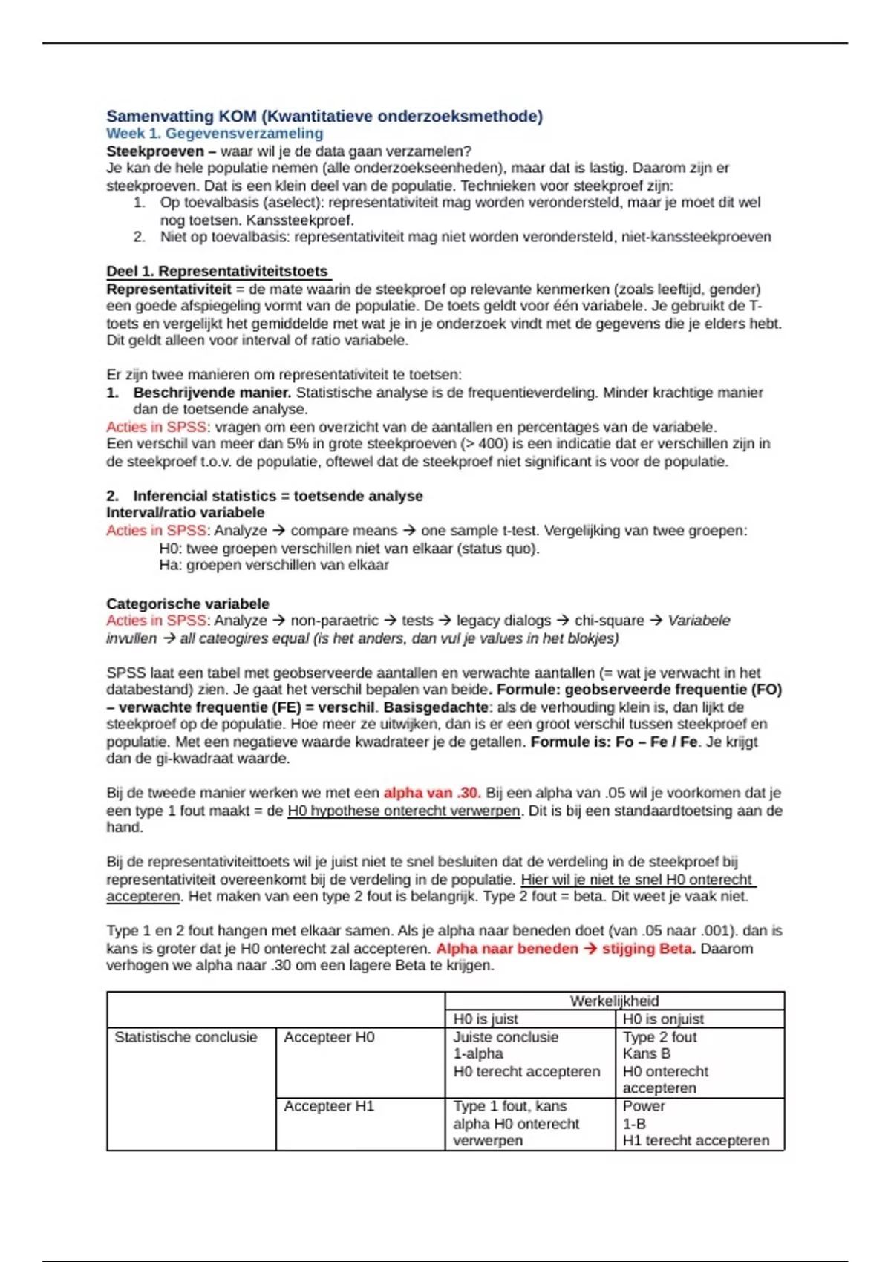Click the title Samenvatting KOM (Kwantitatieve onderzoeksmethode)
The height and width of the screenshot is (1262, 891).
click(x=324, y=117)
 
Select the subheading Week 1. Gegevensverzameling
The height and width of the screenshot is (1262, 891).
click(x=215, y=134)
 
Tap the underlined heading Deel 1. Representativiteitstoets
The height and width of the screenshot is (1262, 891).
click(x=217, y=272)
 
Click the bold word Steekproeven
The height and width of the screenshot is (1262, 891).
click(x=154, y=151)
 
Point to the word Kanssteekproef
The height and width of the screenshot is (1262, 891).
click(x=300, y=220)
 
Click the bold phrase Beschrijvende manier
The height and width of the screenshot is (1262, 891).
click(x=212, y=393)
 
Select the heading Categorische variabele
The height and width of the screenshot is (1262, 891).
click(x=188, y=604)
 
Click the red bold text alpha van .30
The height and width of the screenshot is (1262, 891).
click(x=432, y=793)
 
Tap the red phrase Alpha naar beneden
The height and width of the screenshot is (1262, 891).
click(x=506, y=949)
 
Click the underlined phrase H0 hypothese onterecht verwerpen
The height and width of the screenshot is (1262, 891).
click(x=404, y=811)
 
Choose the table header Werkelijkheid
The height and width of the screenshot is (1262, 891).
click(x=614, y=1001)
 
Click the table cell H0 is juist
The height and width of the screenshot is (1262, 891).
click(x=486, y=1019)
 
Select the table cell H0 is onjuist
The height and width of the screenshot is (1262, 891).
click(x=663, y=1019)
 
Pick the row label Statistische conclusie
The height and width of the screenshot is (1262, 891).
click(x=186, y=1037)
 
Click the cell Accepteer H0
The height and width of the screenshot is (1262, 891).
click(x=329, y=1037)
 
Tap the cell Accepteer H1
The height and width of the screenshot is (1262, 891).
click(x=329, y=1106)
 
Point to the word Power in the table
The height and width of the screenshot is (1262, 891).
click(x=644, y=1106)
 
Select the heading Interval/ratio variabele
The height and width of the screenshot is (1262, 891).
click(x=185, y=513)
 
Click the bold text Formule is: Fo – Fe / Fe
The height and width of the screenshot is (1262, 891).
click(x=614, y=742)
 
